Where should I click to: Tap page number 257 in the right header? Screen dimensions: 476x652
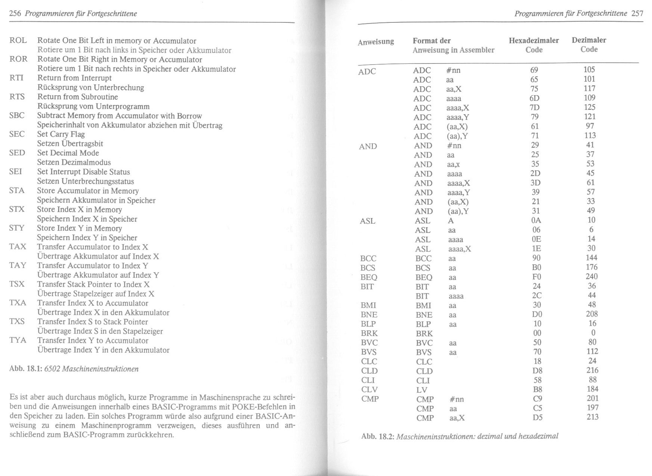tap(637, 13)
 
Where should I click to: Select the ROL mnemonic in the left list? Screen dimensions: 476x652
tap(18, 40)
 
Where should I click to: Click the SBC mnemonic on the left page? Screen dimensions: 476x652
tap(17, 115)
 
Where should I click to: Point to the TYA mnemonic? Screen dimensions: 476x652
tap(18, 340)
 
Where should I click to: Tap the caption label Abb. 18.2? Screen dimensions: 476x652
tap(377, 436)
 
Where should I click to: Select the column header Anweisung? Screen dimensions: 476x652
tap(376, 42)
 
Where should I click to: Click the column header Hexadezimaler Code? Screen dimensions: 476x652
tap(534, 45)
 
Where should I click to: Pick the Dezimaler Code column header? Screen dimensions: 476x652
tap(589, 44)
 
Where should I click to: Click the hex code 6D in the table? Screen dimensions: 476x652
tap(535, 98)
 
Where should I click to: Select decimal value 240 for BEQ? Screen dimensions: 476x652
tap(591, 277)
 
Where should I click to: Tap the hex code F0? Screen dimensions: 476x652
tap(536, 277)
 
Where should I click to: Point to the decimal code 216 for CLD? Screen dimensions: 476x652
tap(592, 370)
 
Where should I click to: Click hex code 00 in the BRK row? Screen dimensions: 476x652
tap(537, 333)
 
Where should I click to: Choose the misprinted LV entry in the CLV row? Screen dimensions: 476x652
tap(422, 390)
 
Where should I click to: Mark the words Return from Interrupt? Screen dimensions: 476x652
tap(74, 78)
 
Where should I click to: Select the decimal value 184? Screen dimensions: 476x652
tap(593, 389)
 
